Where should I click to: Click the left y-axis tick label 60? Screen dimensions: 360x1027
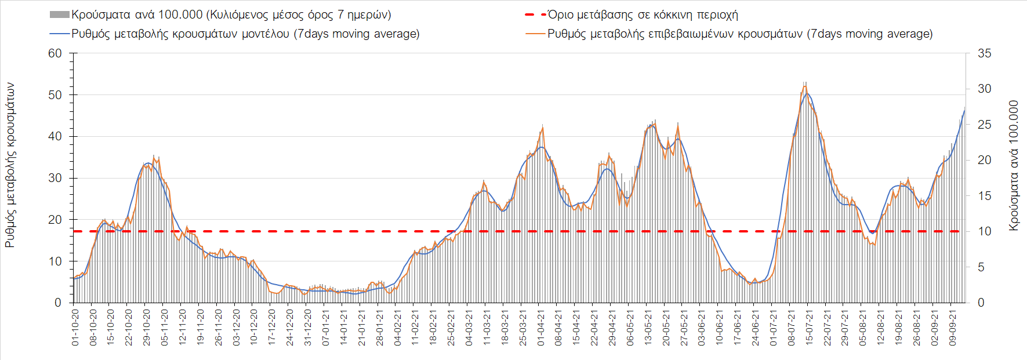(x=55, y=53)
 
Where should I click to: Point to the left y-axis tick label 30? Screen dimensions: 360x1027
(x=55, y=178)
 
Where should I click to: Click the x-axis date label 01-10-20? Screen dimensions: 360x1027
(x=75, y=328)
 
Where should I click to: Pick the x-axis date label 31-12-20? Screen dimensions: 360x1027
(x=308, y=328)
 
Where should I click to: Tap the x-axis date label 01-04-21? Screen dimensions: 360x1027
(x=541, y=328)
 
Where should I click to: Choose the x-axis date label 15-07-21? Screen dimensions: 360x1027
(x=810, y=328)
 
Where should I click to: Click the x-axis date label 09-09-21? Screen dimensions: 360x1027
(x=953, y=328)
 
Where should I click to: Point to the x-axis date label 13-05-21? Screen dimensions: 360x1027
(x=648, y=328)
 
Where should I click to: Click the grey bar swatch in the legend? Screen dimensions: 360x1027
(x=60, y=14)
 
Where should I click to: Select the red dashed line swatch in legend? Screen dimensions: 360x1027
(x=535, y=14)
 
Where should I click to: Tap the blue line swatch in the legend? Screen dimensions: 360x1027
(x=60, y=34)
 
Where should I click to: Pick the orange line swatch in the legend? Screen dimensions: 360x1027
(x=535, y=34)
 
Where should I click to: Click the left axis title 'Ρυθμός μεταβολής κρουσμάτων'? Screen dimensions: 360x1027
(x=10, y=165)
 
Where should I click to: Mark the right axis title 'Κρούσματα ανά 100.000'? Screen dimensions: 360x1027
(x=1014, y=166)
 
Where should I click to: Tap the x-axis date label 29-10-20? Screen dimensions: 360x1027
(x=147, y=328)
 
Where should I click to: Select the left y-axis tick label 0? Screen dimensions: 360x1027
(x=58, y=303)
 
